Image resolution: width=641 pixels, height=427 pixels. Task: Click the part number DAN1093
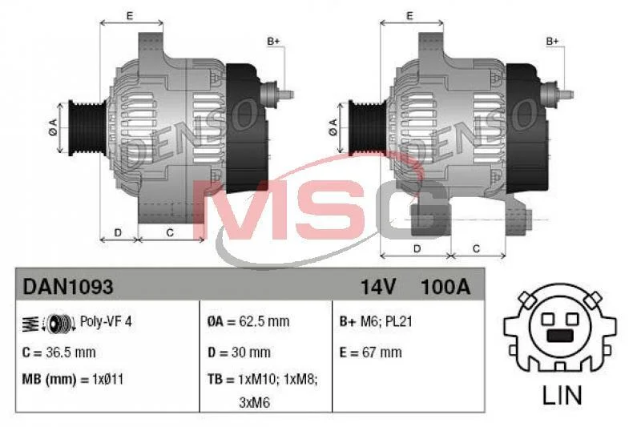pyautogui.click(x=68, y=287)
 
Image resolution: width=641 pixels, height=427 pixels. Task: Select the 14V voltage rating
pyautogui.click(x=377, y=287)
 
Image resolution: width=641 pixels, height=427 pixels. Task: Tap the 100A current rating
pyautogui.click(x=445, y=287)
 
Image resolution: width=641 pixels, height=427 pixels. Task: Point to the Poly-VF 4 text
pyautogui.click(x=106, y=321)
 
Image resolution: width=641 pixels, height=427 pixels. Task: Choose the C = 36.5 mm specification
pyautogui.click(x=58, y=352)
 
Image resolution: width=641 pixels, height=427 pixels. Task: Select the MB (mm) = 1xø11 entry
pyautogui.click(x=73, y=380)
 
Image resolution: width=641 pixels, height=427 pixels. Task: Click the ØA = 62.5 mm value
pyautogui.click(x=248, y=321)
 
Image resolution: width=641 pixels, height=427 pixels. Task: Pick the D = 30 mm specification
pyautogui.click(x=239, y=352)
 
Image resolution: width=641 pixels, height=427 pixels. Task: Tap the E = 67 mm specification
pyautogui.click(x=370, y=352)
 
